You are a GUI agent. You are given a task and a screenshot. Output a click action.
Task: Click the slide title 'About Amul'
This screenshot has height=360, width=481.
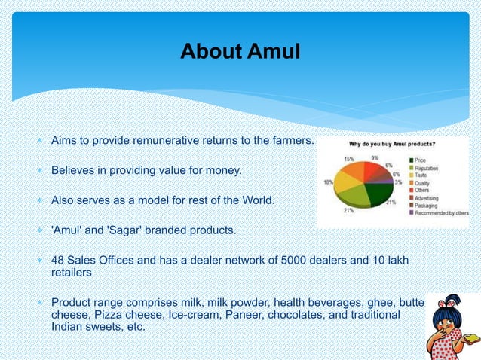tap(240, 51)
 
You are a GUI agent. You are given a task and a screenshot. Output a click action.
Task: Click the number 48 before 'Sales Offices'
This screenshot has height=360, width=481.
tap(57, 260)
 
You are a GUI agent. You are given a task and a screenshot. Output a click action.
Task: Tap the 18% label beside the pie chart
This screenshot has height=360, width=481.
tap(329, 182)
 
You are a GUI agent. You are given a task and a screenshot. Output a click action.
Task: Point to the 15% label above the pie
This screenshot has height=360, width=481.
tap(349, 159)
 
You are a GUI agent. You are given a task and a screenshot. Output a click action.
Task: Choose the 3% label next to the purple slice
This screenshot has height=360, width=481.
tap(397, 182)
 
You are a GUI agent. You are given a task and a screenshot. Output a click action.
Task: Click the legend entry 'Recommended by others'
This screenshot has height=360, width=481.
tap(442, 213)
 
